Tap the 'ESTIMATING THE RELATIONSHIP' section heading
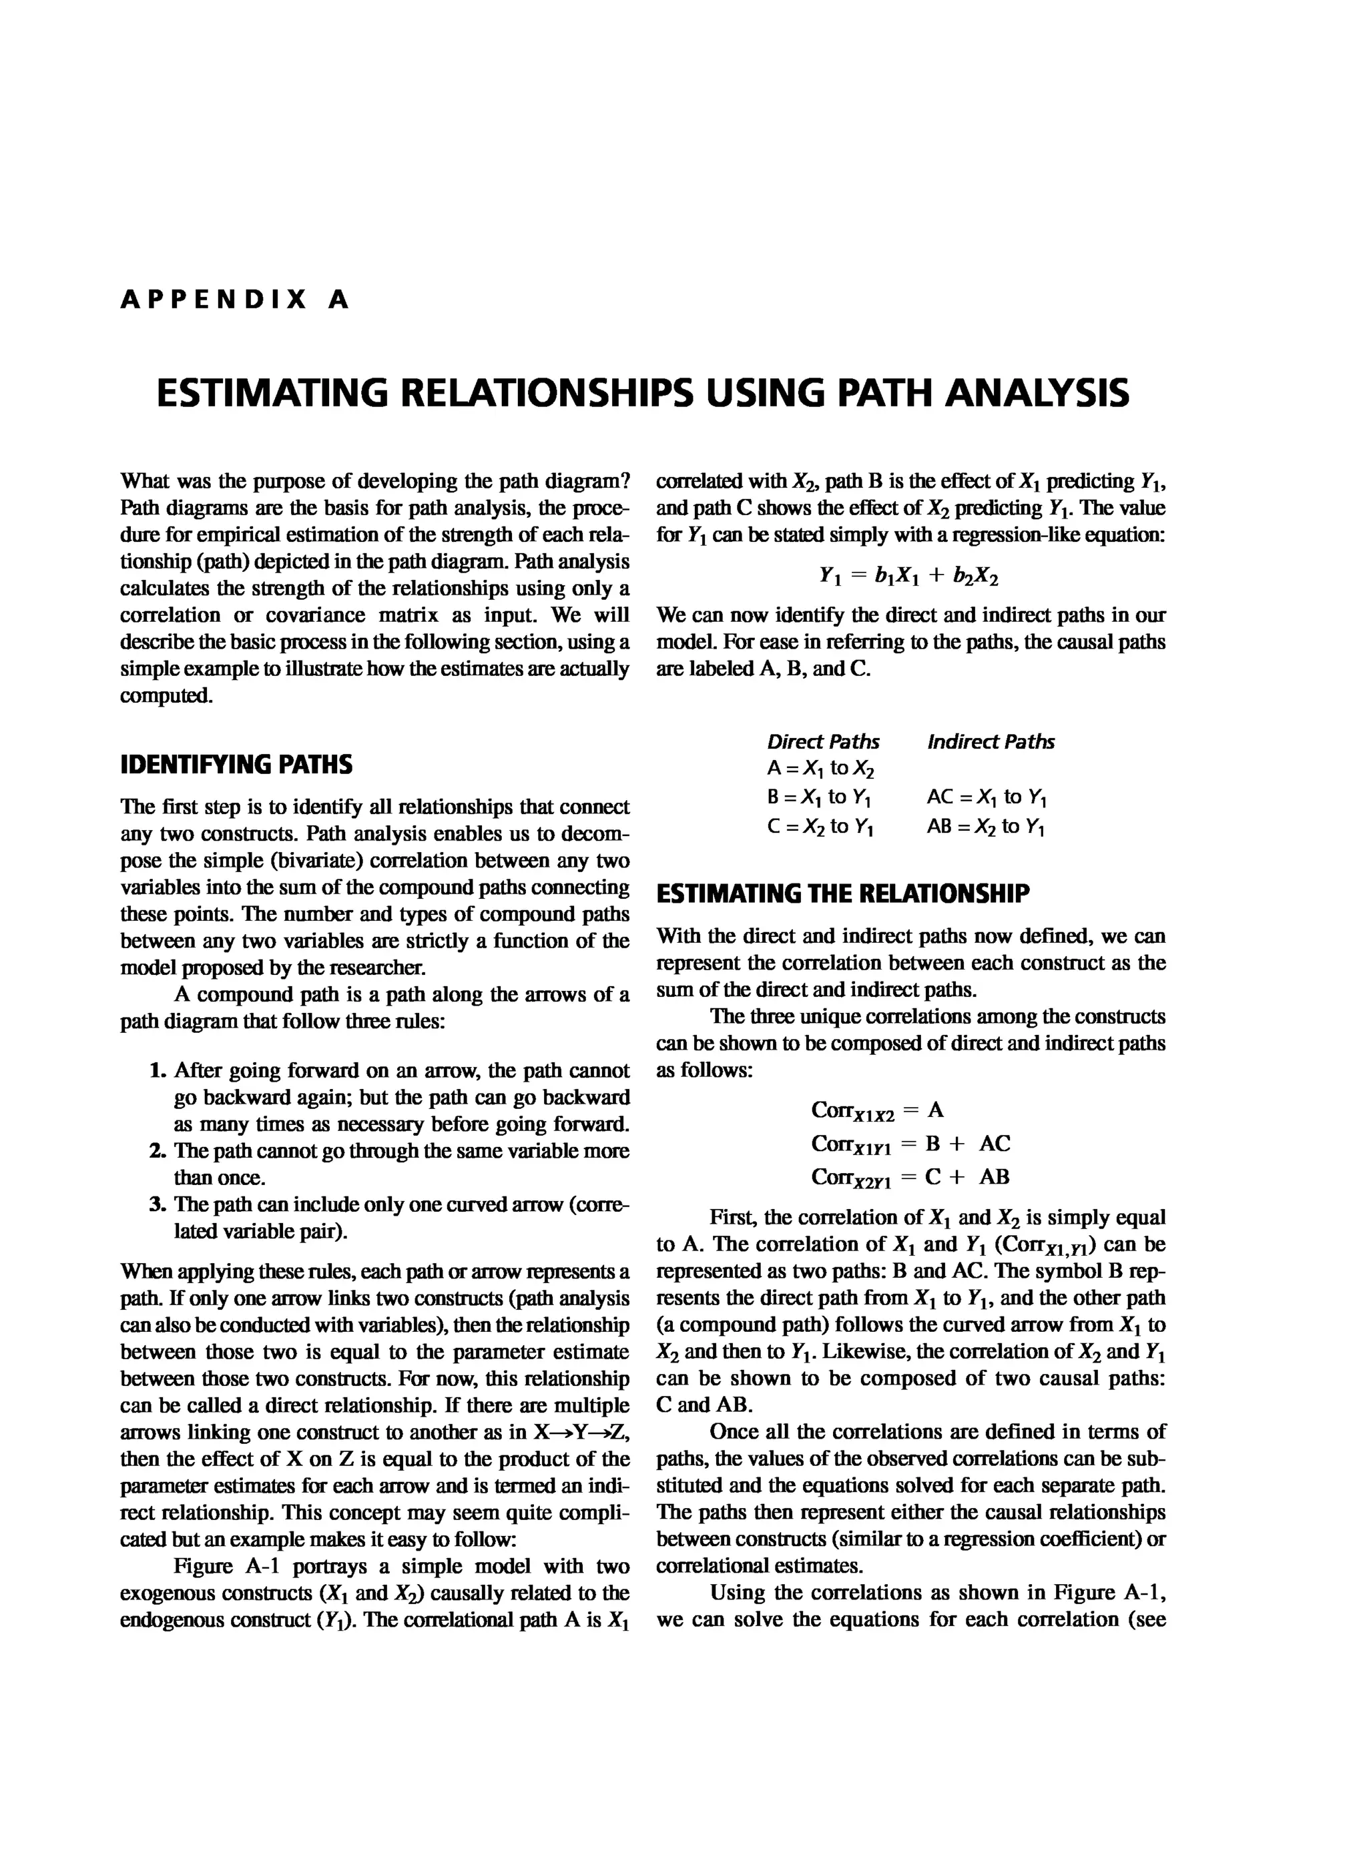(842, 894)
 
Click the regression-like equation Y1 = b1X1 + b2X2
(908, 576)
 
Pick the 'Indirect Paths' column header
(991, 742)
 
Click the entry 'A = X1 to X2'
(820, 769)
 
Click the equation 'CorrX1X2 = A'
(877, 1110)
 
